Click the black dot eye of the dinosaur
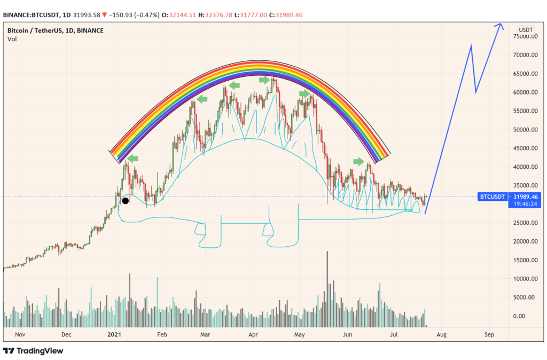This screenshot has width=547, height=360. pyautogui.click(x=125, y=201)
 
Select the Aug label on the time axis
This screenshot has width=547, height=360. pyautogui.click(x=441, y=334)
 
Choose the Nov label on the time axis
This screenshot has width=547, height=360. pyautogui.click(x=20, y=334)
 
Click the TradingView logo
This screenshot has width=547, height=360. pyautogui.click(x=33, y=351)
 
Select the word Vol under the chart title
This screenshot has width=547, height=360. pyautogui.click(x=12, y=39)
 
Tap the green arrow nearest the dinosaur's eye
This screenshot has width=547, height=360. pyautogui.click(x=132, y=158)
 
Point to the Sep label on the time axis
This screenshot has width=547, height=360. pyautogui.click(x=489, y=334)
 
